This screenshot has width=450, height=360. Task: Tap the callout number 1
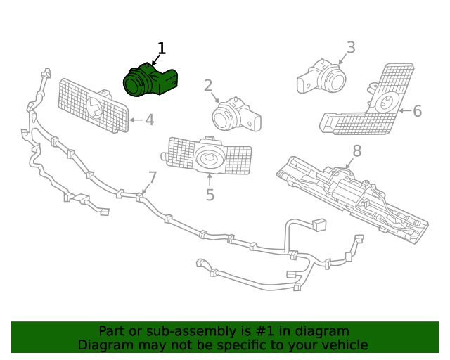pos(162,49)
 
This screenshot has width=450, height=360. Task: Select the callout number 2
pos(208,86)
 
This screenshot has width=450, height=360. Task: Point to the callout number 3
pos(350,48)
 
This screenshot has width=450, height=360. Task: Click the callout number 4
pos(149,120)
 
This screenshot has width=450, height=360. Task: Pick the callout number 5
pos(210,195)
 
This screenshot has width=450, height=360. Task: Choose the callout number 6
pos(417,111)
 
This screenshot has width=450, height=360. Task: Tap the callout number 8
pos(356,150)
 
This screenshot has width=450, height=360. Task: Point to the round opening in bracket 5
pos(209,159)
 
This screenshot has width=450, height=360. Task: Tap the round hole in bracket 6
pos(385,104)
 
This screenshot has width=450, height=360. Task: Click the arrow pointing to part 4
pos(136,120)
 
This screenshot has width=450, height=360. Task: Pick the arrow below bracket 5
pos(210,179)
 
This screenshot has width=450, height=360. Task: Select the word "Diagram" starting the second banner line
pos(103,345)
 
